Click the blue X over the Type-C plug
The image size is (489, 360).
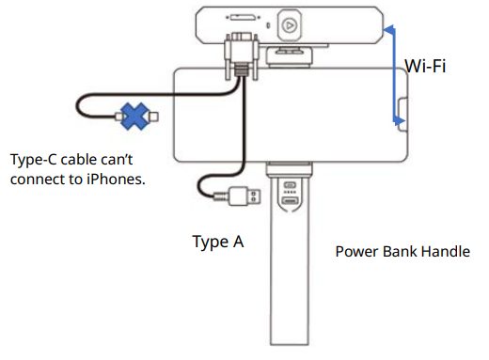point(135,117)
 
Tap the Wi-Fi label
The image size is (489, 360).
point(425,66)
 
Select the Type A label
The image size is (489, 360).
point(218,242)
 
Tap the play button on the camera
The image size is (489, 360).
point(290,25)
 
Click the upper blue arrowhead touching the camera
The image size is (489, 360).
point(389,30)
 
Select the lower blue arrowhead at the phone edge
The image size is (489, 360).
point(400,120)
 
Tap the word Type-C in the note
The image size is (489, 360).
point(34,159)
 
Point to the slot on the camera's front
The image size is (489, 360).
point(243,18)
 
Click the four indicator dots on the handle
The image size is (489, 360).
point(290,192)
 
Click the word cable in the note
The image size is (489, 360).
point(79,160)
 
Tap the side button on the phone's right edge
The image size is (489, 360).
point(402,115)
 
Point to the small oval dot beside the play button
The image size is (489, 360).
point(268,25)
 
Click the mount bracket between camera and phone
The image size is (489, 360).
point(289,56)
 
